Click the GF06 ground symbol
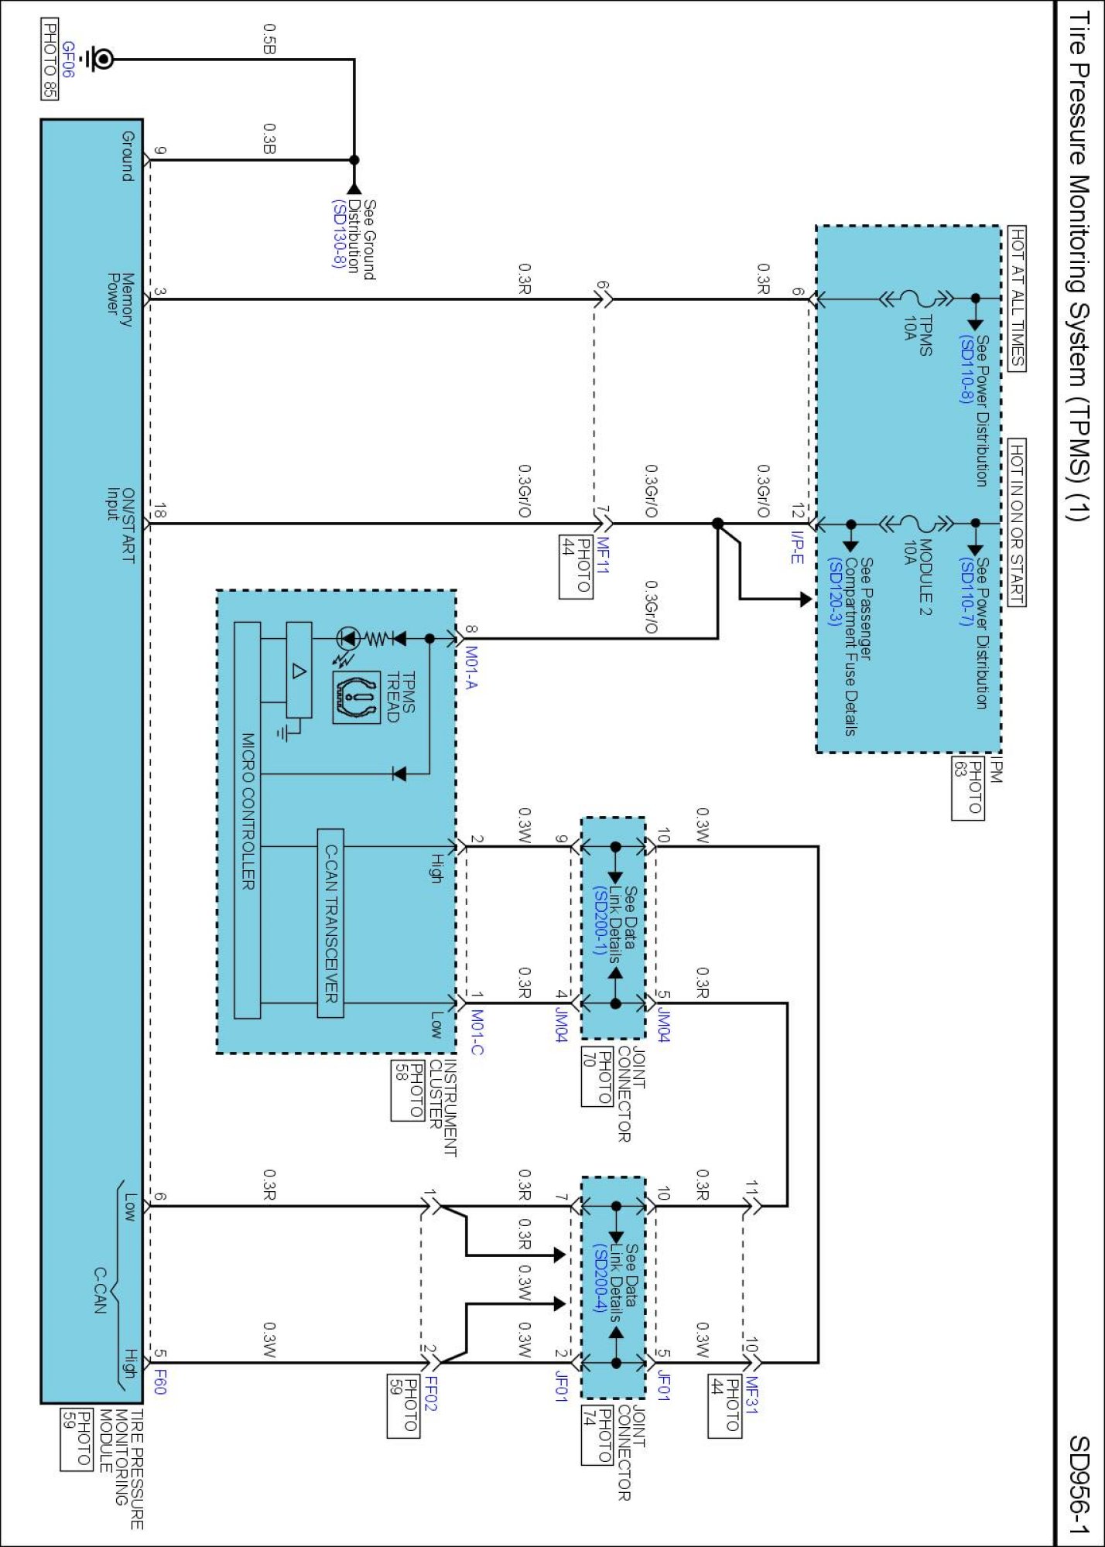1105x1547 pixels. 97,59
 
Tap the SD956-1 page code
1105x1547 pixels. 1079,1485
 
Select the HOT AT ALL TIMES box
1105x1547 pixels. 1017,299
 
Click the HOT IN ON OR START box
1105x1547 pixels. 1017,523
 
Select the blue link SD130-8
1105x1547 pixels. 338,234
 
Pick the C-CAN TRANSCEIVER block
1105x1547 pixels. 330,924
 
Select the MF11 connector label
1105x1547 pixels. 603,555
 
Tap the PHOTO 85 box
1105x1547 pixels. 49,60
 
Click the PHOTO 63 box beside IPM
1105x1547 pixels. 967,787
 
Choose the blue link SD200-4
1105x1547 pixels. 599,1278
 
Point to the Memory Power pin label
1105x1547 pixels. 120,299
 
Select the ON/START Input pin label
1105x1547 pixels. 120,524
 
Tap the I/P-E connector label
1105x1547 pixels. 797,546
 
